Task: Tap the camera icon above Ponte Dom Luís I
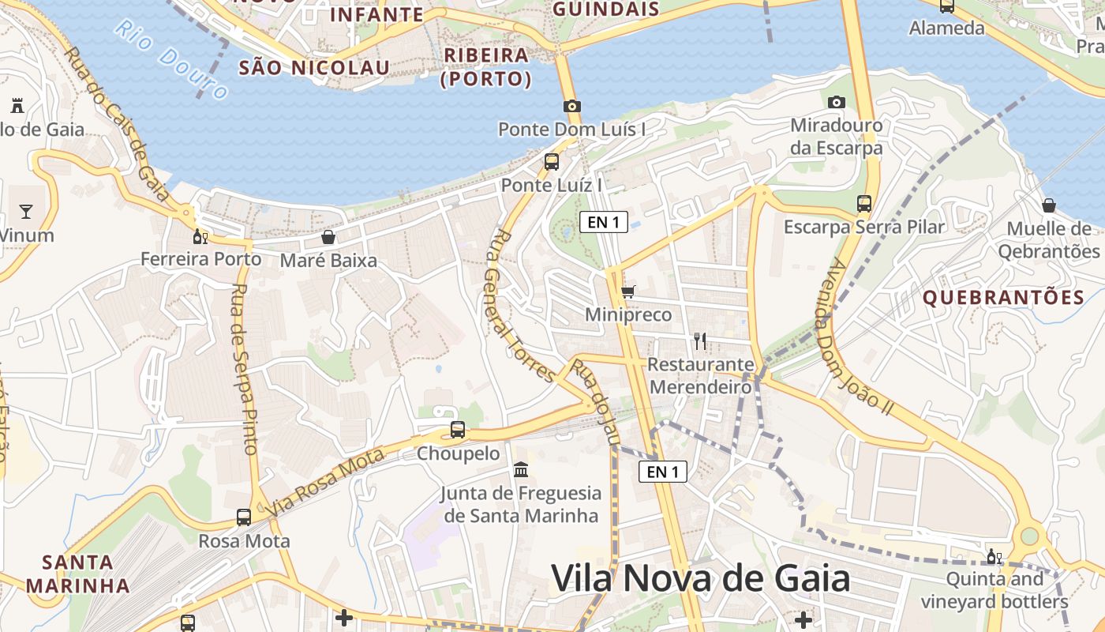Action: [572, 106]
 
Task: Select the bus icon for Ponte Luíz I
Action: [552, 162]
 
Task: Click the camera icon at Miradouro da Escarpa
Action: [837, 102]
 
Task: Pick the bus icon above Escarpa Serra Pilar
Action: [864, 203]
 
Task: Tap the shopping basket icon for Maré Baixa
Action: [328, 237]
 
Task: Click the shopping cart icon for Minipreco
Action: [628, 292]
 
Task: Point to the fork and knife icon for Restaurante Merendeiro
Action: [699, 341]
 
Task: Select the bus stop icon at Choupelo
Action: [458, 430]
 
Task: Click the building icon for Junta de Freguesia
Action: [521, 470]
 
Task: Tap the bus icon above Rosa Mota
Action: [244, 517]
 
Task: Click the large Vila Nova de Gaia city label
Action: [700, 579]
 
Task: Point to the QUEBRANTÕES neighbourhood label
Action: [1003, 298]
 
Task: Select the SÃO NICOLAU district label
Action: [314, 68]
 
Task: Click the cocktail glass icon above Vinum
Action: [26, 211]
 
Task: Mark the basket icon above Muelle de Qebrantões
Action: [1049, 205]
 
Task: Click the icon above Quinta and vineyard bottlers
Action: [994, 556]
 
